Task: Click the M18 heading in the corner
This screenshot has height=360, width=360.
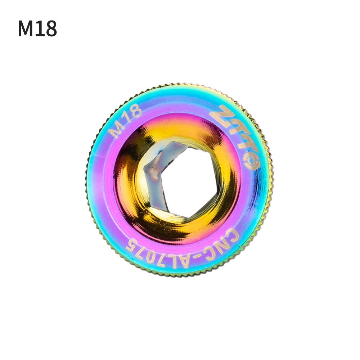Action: click(37, 29)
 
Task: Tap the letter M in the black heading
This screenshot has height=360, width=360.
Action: click(26, 29)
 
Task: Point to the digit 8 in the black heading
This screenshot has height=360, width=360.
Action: click(51, 29)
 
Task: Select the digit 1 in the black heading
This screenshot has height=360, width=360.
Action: click(40, 29)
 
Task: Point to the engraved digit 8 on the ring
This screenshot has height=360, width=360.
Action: click(136, 114)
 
